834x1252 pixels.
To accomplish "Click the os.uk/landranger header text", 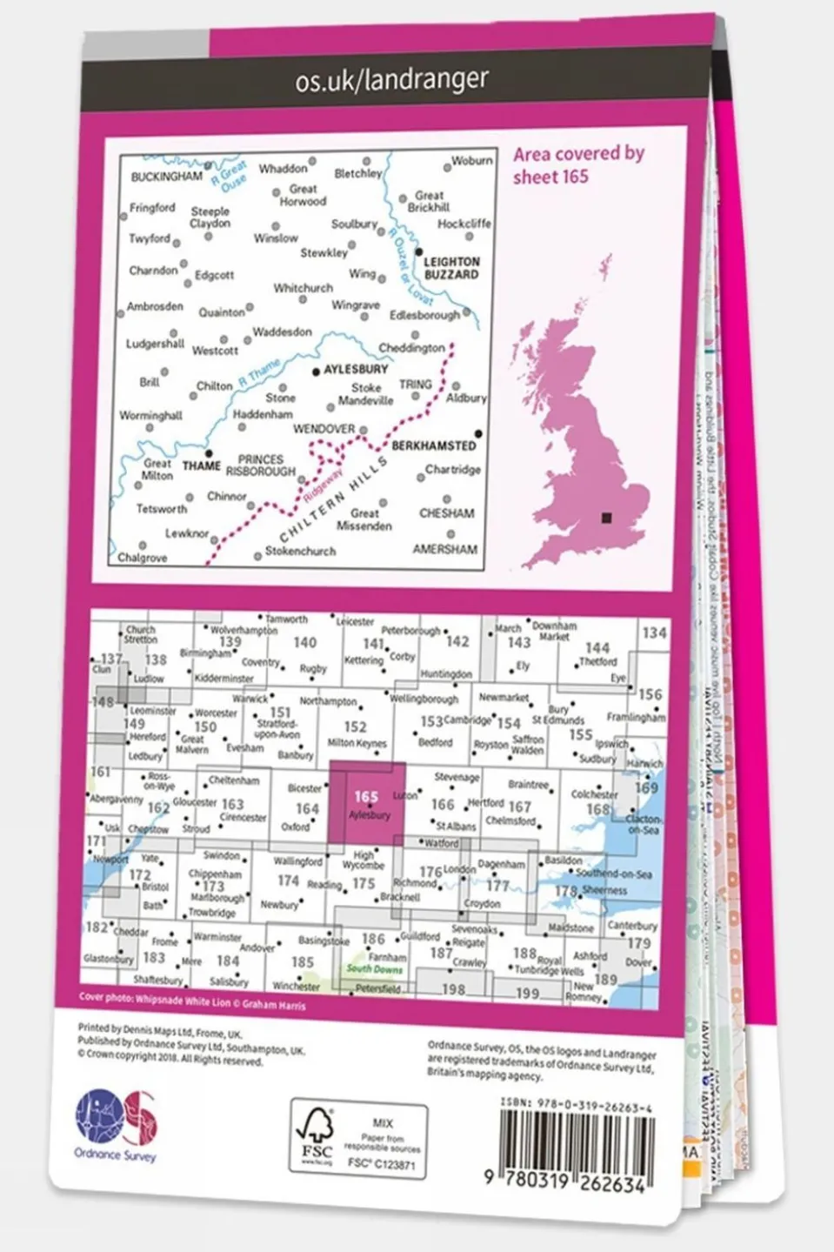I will click(x=391, y=80).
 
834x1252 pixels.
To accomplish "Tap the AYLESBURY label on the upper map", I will click(x=356, y=370).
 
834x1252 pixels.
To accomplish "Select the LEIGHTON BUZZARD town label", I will click(x=451, y=268).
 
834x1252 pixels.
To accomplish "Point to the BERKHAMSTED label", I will click(x=434, y=445).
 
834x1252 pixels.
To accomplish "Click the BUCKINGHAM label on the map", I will click(x=166, y=177).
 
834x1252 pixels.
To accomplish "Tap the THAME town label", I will click(x=201, y=465).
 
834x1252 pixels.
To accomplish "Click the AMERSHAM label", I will click(x=444, y=550).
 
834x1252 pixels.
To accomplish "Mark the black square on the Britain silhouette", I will click(x=606, y=519).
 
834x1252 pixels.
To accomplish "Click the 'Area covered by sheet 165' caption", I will click(x=578, y=164).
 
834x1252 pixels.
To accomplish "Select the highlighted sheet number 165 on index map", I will click(x=366, y=796).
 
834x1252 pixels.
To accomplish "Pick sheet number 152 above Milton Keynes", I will click(x=355, y=727).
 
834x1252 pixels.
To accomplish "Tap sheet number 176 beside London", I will click(x=430, y=871).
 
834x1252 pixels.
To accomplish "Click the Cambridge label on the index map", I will click(x=468, y=720).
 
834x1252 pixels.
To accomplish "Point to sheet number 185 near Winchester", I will click(x=303, y=962).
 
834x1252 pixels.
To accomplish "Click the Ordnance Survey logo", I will click(x=116, y=1125).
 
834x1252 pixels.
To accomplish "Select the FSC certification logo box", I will click(x=358, y=1138).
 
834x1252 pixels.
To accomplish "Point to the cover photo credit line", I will click(x=191, y=1002).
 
